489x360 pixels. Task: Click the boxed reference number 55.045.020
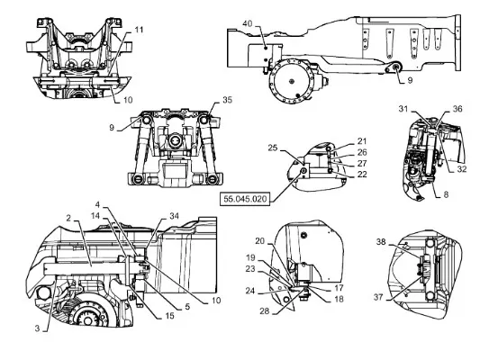pos(245,199)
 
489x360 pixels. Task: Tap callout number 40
pos(248,23)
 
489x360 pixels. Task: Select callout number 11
pos(139,30)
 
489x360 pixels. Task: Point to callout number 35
pos(227,100)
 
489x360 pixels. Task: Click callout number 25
pos(273,148)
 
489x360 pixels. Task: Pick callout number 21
pos(362,141)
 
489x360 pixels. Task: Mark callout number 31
pos(403,109)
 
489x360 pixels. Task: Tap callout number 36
pos(457,109)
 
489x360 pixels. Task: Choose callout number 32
pos(462,168)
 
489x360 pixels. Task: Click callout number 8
pos(446,194)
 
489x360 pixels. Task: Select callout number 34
pos(174,216)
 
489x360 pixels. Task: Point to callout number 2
pos(68,218)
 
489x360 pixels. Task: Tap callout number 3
pos(38,328)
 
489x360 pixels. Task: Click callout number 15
pos(169,316)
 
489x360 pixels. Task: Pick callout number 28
pos(265,310)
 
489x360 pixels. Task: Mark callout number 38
pos(381,241)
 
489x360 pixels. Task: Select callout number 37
pos(378,297)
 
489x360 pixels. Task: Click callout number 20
pos(259,241)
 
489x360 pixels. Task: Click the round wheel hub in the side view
pos(292,80)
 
